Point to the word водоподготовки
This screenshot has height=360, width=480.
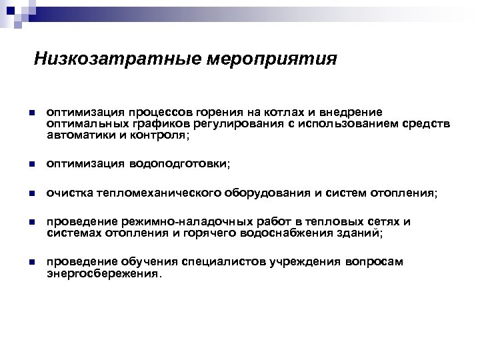[x=179, y=164]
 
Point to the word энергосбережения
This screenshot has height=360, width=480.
[x=103, y=273]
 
